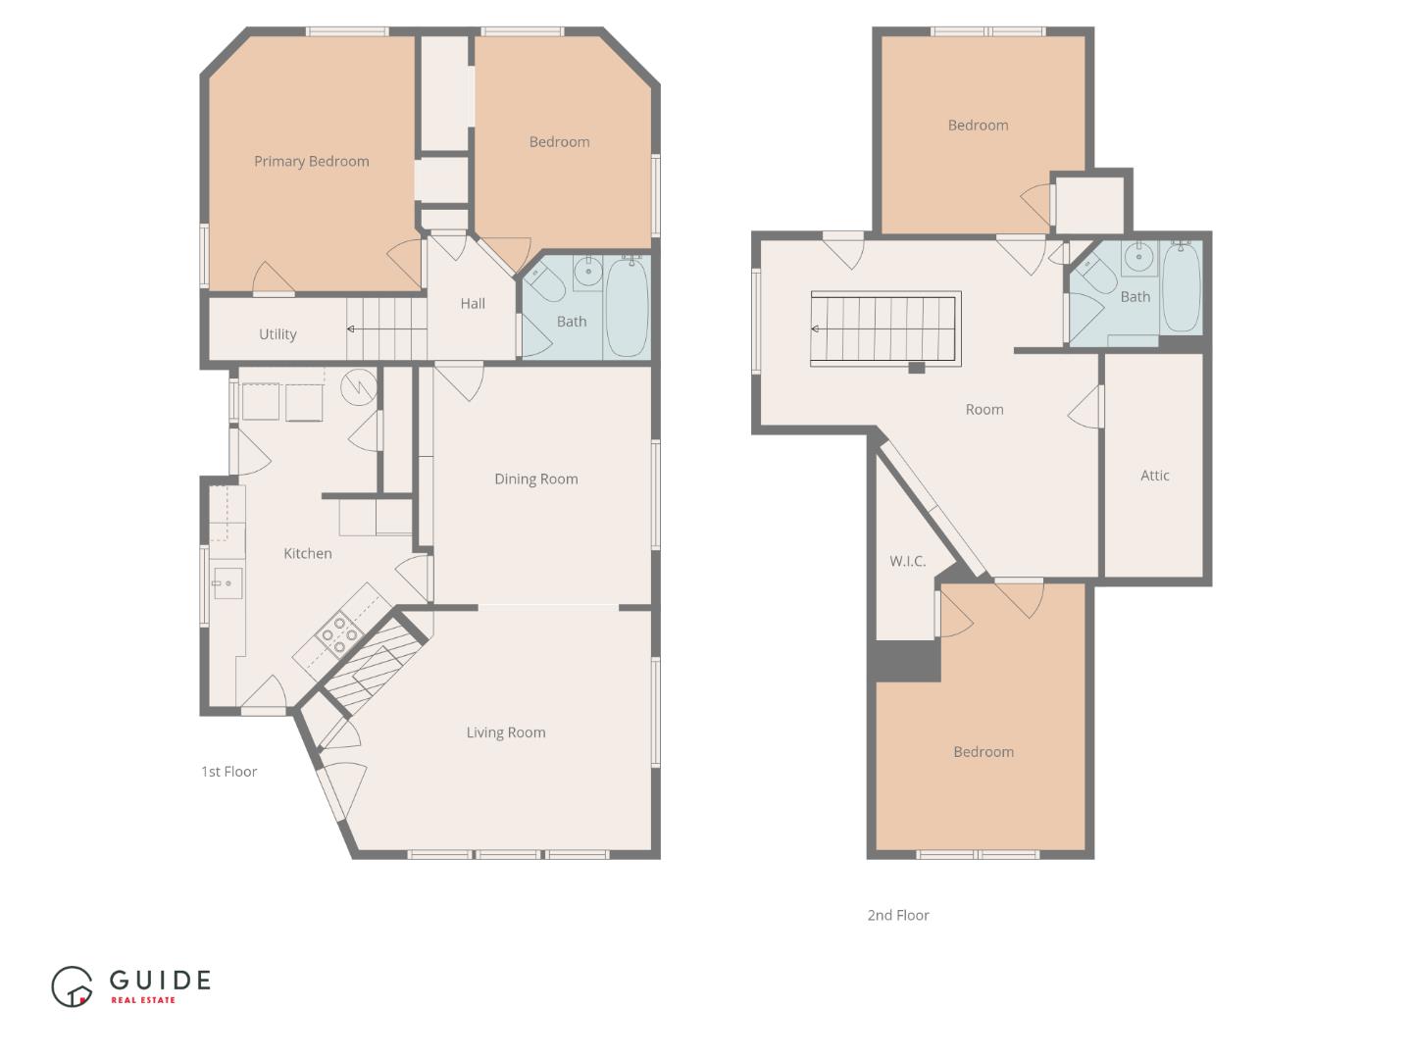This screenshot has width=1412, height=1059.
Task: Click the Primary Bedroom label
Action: click(311, 162)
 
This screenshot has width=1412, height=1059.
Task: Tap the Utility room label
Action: click(277, 334)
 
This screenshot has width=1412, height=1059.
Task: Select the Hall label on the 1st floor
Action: click(473, 304)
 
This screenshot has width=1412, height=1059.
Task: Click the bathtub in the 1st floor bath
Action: click(627, 307)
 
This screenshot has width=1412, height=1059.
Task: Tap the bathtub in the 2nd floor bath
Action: click(1181, 287)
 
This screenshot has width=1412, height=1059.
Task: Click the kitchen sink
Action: click(227, 583)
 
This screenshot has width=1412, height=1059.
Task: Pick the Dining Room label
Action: click(535, 479)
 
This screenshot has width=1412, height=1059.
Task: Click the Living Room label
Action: click(505, 732)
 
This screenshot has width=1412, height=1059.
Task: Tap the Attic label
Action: click(1154, 476)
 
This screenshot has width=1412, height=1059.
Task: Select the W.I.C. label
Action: click(907, 561)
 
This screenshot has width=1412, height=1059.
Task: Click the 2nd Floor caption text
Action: click(897, 915)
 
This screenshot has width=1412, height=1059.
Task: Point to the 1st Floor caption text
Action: click(228, 772)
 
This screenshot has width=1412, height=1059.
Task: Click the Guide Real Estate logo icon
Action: click(72, 986)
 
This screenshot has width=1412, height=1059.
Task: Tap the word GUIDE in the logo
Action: click(160, 980)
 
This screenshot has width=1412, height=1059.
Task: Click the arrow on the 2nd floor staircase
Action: click(816, 329)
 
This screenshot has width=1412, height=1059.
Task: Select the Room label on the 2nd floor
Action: click(983, 410)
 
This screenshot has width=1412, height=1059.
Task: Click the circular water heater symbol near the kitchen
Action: click(359, 387)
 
